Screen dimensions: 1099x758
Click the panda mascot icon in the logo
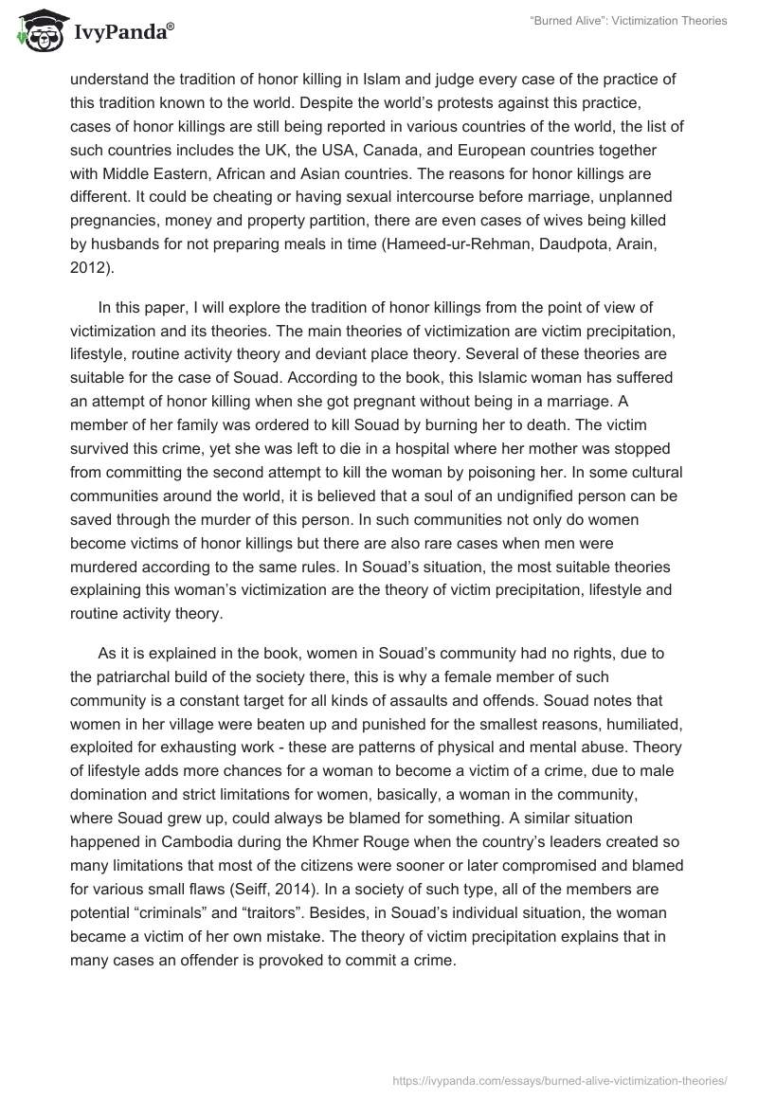36,31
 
